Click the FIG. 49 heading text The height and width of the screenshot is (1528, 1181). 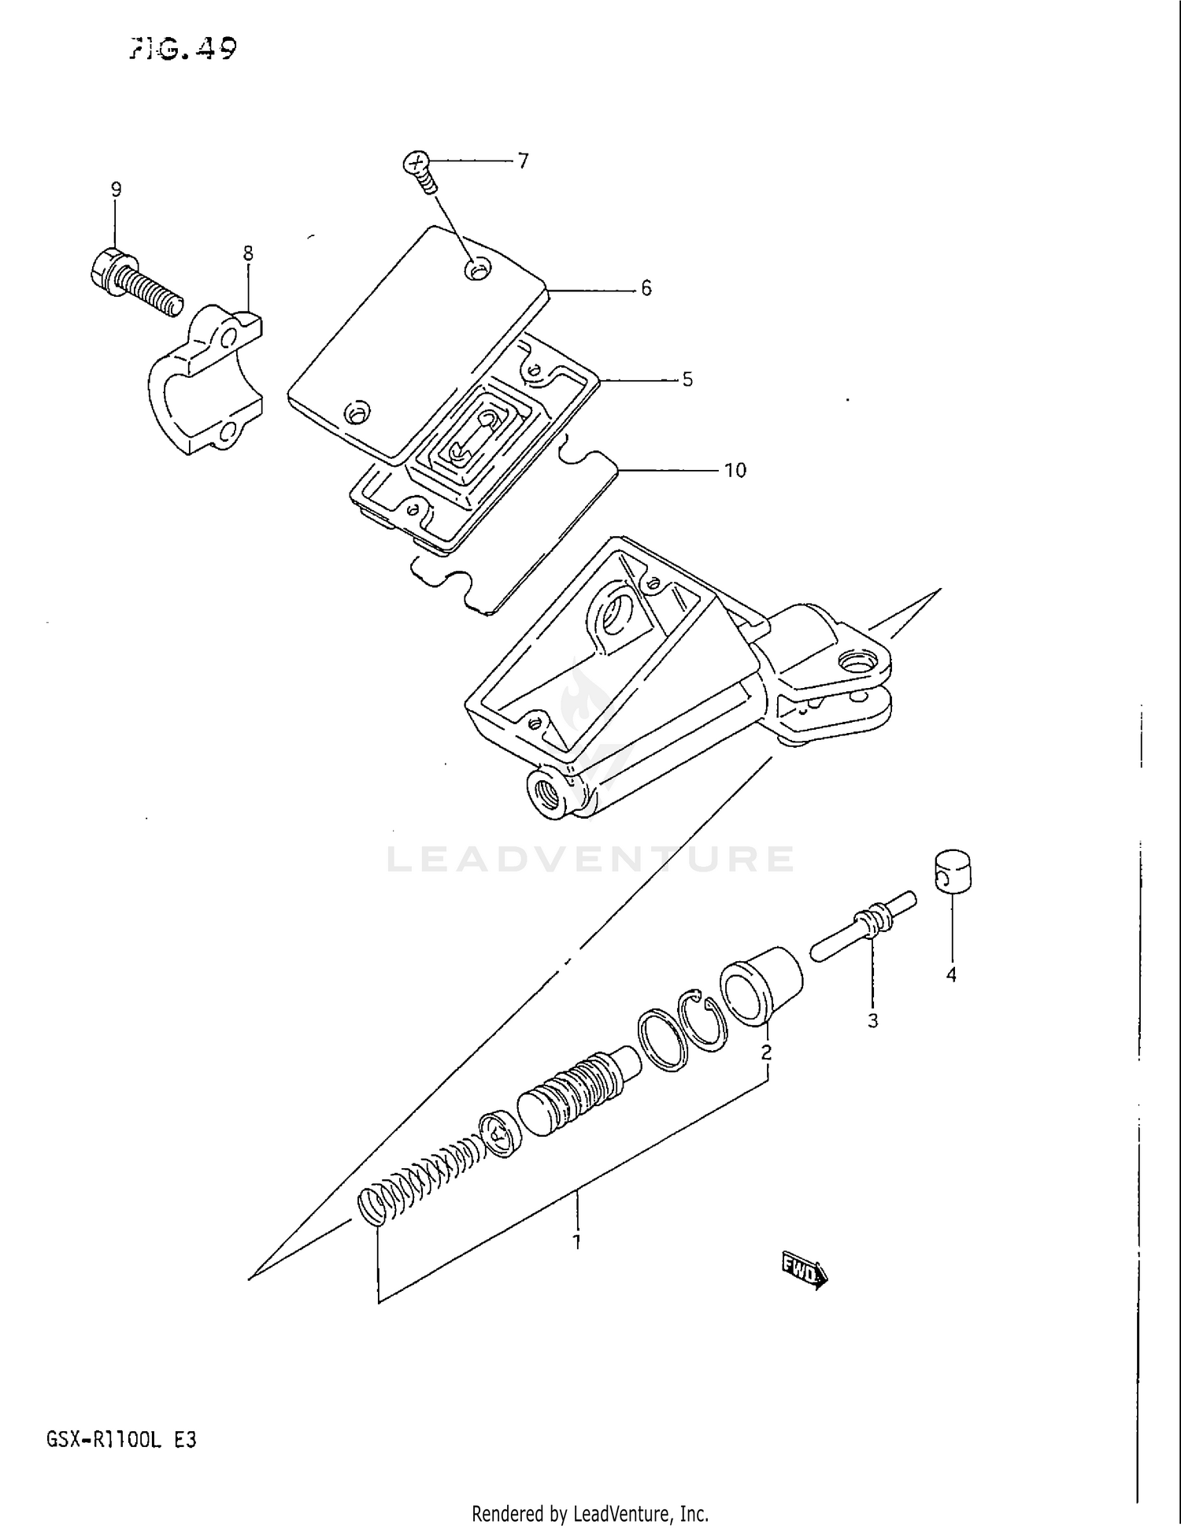(182, 50)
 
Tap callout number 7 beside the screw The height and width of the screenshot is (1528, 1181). (523, 161)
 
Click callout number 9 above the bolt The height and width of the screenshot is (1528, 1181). (116, 190)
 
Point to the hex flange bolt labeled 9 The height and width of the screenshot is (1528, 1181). (134, 281)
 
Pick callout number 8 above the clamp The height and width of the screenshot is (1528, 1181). (248, 253)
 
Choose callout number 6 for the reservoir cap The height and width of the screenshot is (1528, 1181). (646, 289)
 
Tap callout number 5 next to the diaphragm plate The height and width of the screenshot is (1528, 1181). (687, 380)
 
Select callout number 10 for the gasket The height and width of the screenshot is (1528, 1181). (734, 471)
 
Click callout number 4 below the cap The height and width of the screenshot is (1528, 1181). (951, 975)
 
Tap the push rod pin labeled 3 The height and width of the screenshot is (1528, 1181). (864, 924)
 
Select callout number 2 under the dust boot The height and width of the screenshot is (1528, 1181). (766, 1052)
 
